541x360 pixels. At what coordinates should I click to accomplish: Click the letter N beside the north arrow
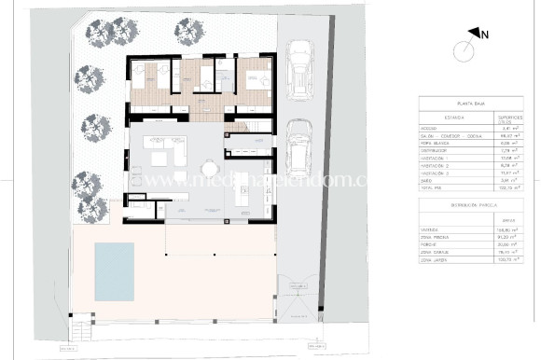click(x=486, y=35)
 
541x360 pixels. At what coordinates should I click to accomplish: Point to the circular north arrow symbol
click(x=464, y=50)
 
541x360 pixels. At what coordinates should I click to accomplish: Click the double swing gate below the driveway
click(x=301, y=298)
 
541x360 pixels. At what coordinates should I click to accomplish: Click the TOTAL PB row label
click(x=432, y=187)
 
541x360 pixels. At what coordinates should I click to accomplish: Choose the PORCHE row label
click(x=431, y=243)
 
